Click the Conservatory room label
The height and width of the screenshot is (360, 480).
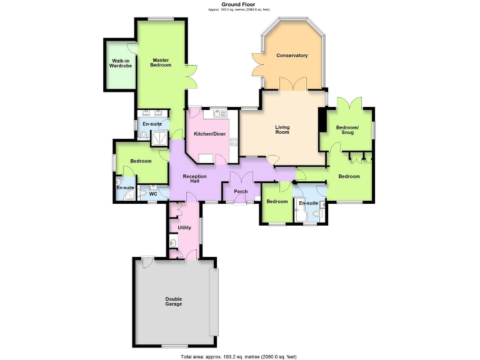292,56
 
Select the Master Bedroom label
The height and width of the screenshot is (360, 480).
161,62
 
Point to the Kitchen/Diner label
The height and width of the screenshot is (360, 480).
209,134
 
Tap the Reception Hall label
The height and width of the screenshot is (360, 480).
194,178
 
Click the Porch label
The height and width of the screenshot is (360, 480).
241,191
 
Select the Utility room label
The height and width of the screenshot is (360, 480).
184,227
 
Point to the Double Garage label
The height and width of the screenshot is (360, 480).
174,301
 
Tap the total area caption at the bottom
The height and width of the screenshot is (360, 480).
239,356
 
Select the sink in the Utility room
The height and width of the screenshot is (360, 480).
173,242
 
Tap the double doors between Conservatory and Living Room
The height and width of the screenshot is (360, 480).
292,86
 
